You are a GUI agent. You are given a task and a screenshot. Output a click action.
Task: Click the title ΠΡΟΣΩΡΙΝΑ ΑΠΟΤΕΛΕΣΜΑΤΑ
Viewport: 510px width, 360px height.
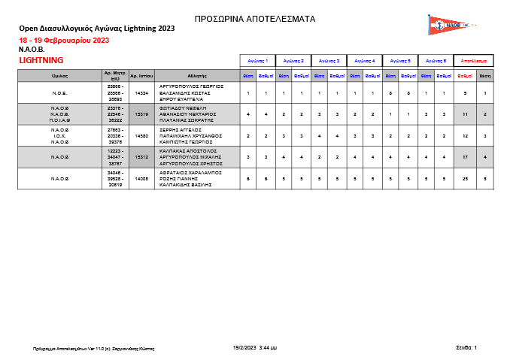tap(255, 19)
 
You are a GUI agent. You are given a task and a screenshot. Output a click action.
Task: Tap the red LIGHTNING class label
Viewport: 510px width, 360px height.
tap(41, 59)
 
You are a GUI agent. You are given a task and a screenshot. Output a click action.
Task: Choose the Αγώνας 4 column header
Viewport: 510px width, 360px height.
tap(365, 59)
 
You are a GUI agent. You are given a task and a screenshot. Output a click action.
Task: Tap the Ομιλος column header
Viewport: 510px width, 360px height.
tap(60, 75)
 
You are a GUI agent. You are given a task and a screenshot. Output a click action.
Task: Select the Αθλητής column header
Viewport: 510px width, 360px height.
tap(197, 75)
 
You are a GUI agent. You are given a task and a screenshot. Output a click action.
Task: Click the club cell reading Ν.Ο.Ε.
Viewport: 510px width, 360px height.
tap(60, 93)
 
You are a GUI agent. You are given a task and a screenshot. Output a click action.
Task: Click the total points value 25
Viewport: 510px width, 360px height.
tap(466, 179)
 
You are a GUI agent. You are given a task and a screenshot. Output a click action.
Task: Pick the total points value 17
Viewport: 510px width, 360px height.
tap(466, 157)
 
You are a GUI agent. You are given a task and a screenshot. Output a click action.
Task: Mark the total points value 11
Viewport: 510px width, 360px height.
tap(466, 114)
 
